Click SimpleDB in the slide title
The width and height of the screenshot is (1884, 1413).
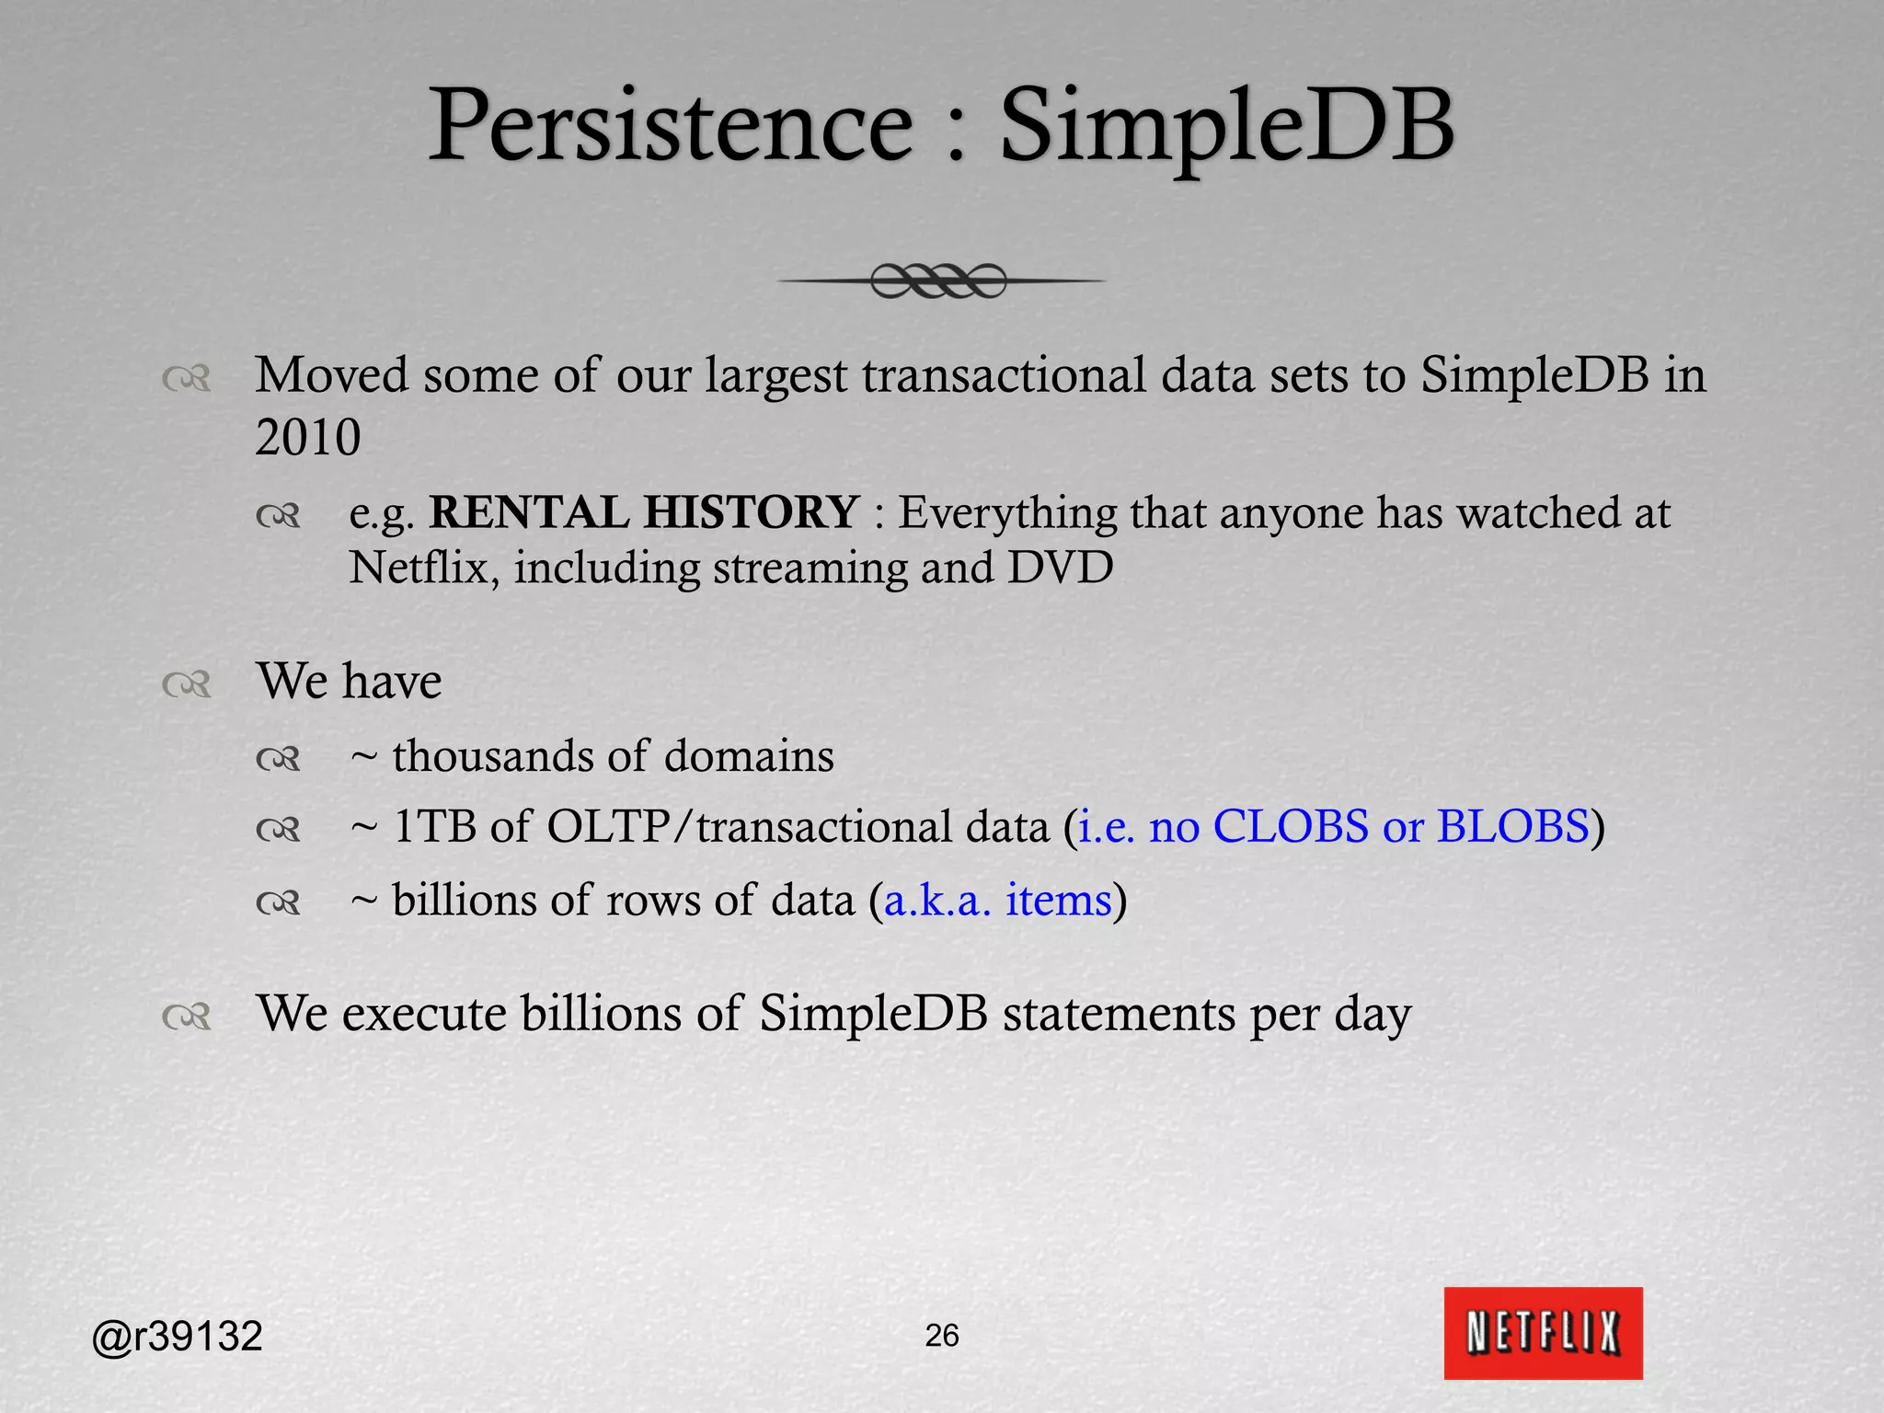(1226, 126)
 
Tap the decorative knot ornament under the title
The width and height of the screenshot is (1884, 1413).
(938, 281)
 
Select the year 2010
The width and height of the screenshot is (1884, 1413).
(307, 437)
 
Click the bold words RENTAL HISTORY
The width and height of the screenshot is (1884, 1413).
(644, 512)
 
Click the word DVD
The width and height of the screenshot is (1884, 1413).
(1060, 568)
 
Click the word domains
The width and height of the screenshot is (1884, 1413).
(749, 756)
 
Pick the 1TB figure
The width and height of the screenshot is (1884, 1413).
(434, 826)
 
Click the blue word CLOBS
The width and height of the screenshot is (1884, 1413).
(1291, 826)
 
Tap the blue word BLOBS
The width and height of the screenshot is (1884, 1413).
(1513, 826)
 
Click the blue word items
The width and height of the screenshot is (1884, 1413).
(1059, 900)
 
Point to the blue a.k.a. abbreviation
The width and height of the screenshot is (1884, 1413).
(937, 900)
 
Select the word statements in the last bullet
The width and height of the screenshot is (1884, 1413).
(1119, 1014)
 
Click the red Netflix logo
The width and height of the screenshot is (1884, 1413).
(1543, 1333)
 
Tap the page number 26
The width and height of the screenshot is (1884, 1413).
(942, 1335)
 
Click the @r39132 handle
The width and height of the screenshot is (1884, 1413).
(178, 1336)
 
